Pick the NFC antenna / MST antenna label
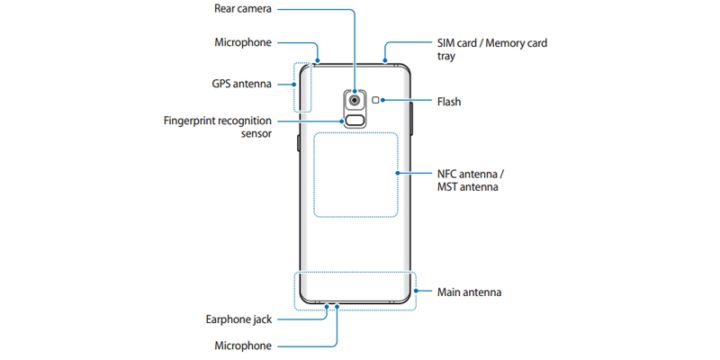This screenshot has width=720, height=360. (469, 180)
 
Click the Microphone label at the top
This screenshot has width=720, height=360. (243, 42)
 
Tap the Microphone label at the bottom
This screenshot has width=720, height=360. (243, 346)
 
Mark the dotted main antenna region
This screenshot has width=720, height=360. (356, 290)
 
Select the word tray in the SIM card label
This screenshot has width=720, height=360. (447, 56)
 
